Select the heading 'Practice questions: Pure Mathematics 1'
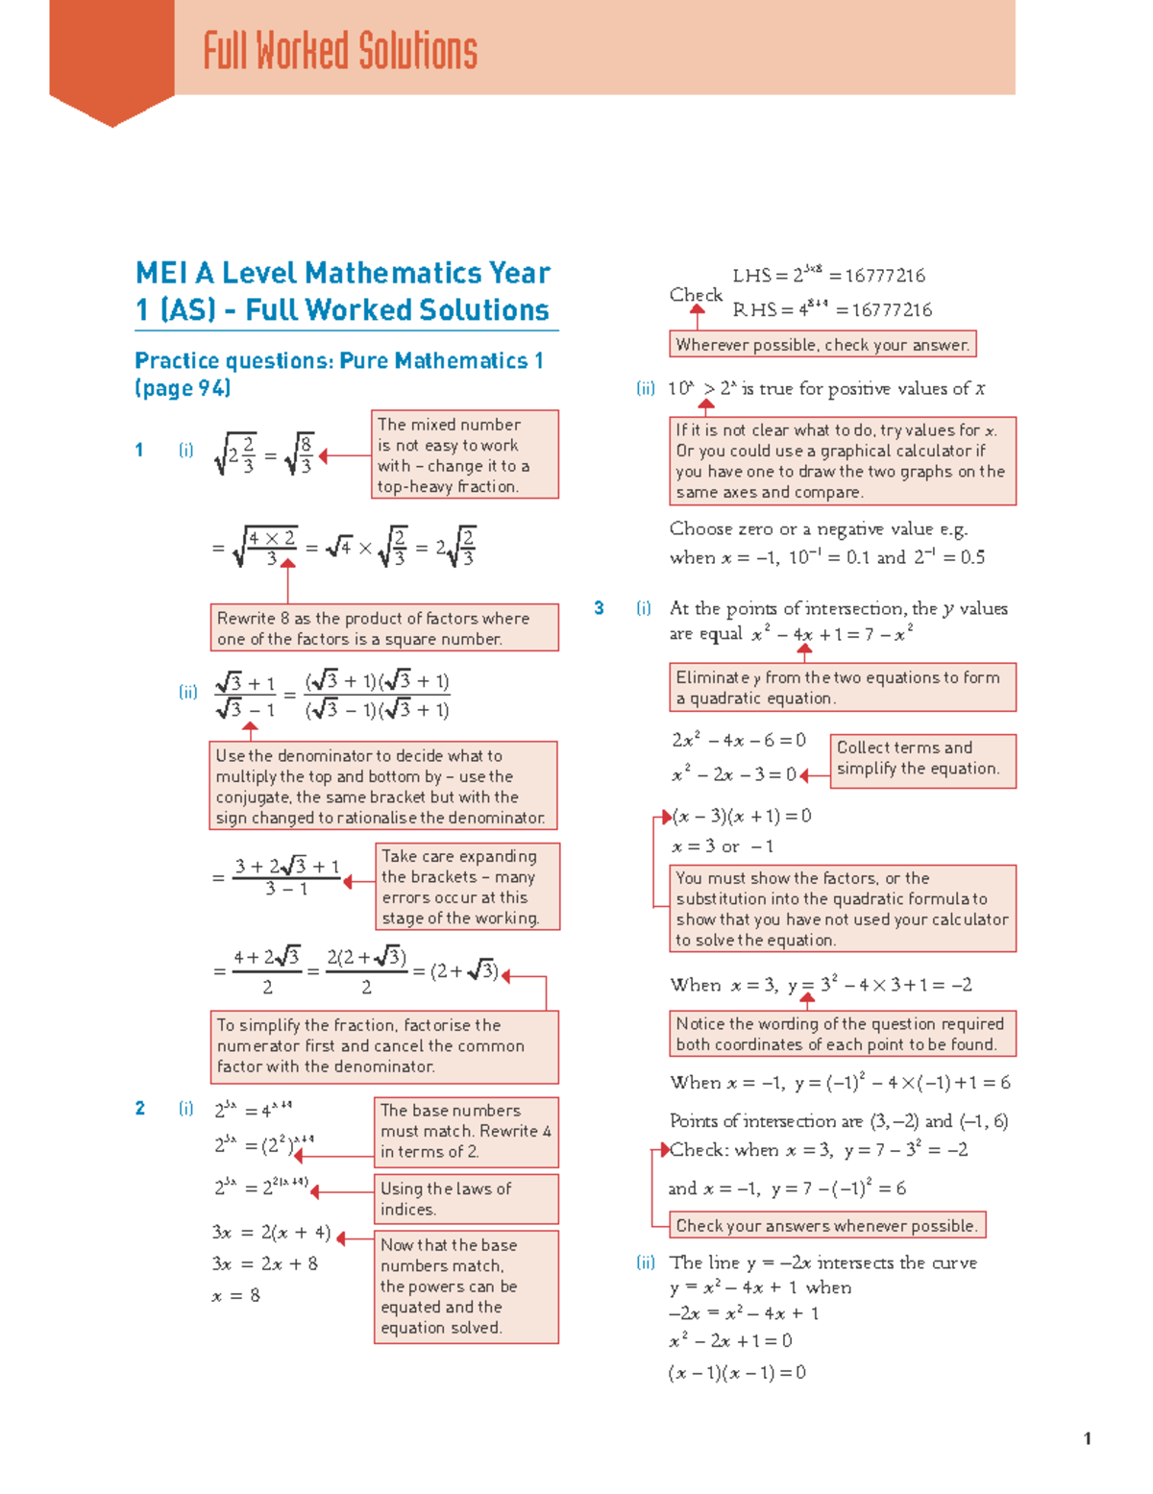point(339,361)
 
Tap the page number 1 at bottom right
point(1087,1438)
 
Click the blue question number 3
point(599,608)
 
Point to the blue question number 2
point(140,1109)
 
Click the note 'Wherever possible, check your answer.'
point(822,345)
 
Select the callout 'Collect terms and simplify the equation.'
point(921,759)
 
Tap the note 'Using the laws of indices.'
point(465,1199)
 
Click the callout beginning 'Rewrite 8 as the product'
point(384,628)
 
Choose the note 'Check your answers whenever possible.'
point(826,1226)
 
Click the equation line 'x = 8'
point(235,1296)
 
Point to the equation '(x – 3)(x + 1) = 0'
point(742,817)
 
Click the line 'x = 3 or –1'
point(722,846)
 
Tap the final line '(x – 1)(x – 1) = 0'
point(737,1373)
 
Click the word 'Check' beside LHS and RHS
point(696,295)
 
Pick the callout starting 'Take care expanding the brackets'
point(466,887)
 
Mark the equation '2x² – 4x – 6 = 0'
point(738,741)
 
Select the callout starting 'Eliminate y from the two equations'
point(842,688)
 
